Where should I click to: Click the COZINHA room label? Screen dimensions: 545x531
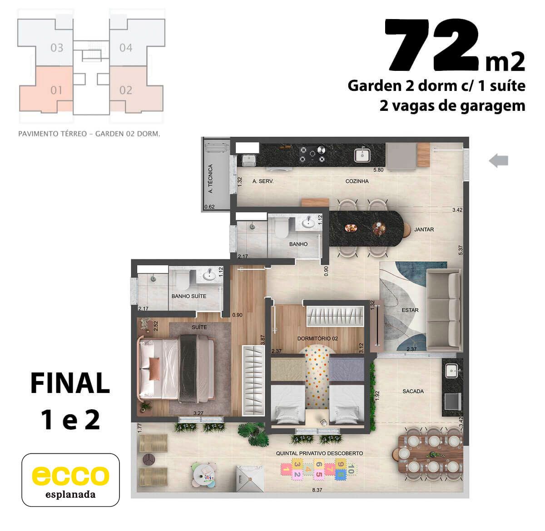[357, 181]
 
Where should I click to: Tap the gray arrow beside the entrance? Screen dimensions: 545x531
[498, 160]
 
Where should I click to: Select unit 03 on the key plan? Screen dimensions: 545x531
[57, 48]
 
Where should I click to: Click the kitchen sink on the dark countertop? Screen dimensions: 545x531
[362, 154]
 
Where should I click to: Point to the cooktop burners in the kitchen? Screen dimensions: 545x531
[312, 154]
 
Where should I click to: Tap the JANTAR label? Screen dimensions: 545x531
[424, 229]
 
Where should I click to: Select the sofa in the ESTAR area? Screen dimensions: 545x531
[444, 310]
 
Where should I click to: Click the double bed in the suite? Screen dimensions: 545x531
[176, 369]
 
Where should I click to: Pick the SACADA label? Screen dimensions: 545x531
[413, 391]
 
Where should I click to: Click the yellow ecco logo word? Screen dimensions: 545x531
[70, 475]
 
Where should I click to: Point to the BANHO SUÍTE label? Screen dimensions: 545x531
[189, 296]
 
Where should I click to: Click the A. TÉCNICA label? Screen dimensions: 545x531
[211, 179]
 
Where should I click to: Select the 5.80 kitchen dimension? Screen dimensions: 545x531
[378, 170]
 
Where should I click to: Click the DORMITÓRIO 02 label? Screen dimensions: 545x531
[317, 338]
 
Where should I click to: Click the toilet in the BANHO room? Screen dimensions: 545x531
[282, 228]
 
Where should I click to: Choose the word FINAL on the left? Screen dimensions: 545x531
[70, 383]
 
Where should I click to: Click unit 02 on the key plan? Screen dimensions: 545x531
[126, 90]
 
